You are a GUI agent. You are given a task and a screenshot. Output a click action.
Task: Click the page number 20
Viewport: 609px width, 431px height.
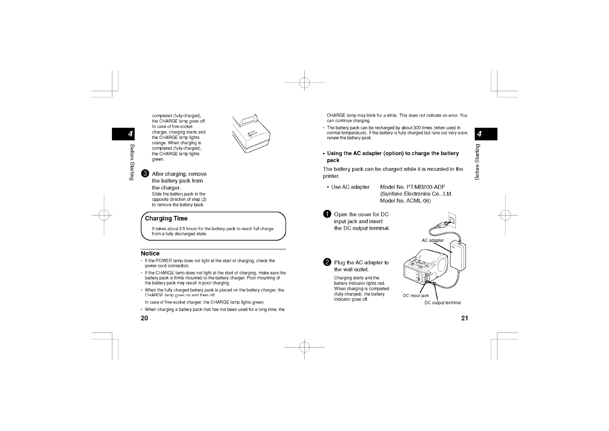pyautogui.click(x=144, y=318)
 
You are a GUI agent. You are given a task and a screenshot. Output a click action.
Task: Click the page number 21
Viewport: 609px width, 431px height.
pyautogui.click(x=464, y=318)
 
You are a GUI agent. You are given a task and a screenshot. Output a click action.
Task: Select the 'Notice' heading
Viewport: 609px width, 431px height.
pyautogui.click(x=150, y=253)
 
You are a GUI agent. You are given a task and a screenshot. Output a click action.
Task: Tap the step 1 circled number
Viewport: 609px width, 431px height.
pyautogui.click(x=327, y=214)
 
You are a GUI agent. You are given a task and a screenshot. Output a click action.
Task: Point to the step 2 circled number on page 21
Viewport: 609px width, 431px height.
pyautogui.click(x=327, y=262)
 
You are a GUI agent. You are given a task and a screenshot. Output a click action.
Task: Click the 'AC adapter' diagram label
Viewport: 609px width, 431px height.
pyautogui.click(x=432, y=240)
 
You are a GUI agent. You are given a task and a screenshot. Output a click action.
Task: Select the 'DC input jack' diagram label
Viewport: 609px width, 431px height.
pyautogui.click(x=415, y=296)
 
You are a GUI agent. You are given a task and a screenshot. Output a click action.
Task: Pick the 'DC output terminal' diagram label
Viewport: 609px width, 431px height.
pyautogui.click(x=442, y=302)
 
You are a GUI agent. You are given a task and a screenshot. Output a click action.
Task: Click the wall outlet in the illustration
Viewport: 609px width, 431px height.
pyautogui.click(x=452, y=219)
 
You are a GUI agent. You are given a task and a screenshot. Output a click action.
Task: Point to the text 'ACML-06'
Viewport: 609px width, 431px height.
pyautogui.click(x=418, y=201)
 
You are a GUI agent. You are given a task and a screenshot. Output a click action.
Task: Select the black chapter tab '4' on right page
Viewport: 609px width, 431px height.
pyautogui.click(x=486, y=134)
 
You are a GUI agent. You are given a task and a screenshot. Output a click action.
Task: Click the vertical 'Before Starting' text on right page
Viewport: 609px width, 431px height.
pyautogui.click(x=477, y=162)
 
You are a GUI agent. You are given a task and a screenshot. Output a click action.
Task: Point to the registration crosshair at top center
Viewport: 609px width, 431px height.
pyautogui.click(x=304, y=82)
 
